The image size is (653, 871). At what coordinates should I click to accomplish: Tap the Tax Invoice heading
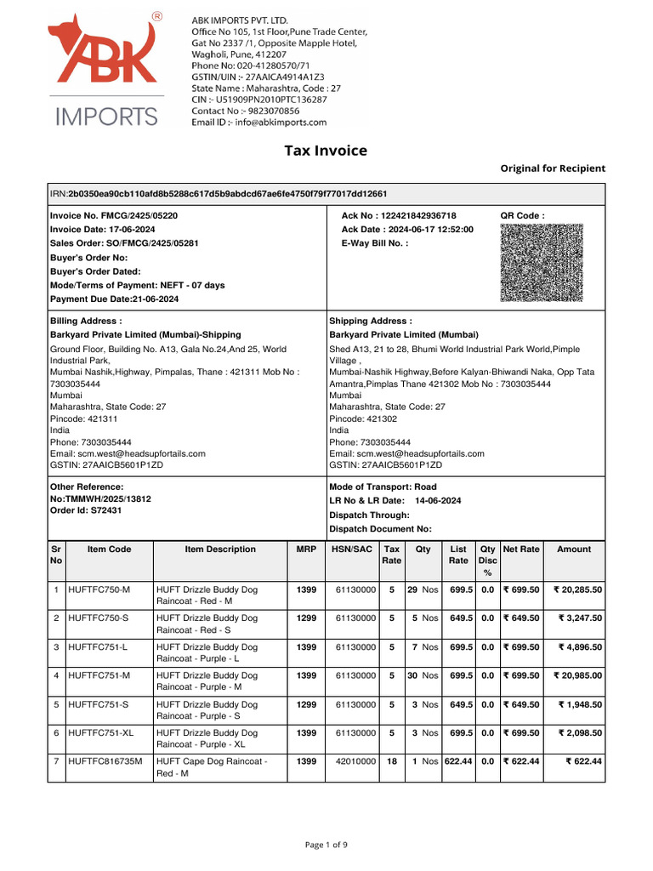click(326, 151)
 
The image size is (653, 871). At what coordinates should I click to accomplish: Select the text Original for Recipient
click(553, 168)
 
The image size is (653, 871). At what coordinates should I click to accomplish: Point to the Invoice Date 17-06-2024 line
click(103, 230)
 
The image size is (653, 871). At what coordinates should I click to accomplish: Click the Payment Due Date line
click(115, 299)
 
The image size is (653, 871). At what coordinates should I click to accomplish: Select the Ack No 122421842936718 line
click(399, 216)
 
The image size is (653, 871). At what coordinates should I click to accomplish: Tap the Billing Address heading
click(86, 322)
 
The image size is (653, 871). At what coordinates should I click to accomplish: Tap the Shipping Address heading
click(371, 322)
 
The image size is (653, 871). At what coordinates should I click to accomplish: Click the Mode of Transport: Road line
click(383, 487)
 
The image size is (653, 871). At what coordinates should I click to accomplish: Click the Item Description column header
click(220, 549)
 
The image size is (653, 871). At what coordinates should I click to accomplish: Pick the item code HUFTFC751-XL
click(101, 733)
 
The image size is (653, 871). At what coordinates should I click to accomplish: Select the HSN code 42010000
click(355, 762)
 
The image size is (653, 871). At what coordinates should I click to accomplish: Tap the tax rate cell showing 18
click(392, 762)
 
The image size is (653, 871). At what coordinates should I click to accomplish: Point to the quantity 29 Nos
click(423, 589)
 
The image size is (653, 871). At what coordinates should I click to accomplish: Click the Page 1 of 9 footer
click(326, 845)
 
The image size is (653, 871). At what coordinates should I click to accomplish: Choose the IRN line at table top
click(221, 195)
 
